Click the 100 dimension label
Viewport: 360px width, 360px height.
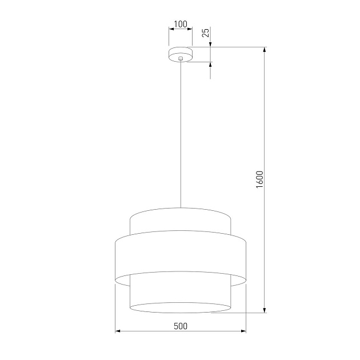181,24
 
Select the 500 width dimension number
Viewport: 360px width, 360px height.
181,326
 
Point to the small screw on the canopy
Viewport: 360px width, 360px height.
181,58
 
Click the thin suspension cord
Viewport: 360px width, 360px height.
181,131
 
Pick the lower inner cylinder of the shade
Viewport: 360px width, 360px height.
181,294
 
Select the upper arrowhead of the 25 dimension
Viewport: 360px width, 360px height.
210,44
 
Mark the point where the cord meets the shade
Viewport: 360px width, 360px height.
181,208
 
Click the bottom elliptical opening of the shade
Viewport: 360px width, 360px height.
181,308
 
